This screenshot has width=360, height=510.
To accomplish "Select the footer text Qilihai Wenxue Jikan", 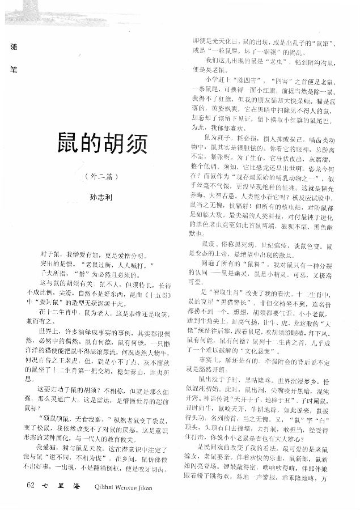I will [121, 487].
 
